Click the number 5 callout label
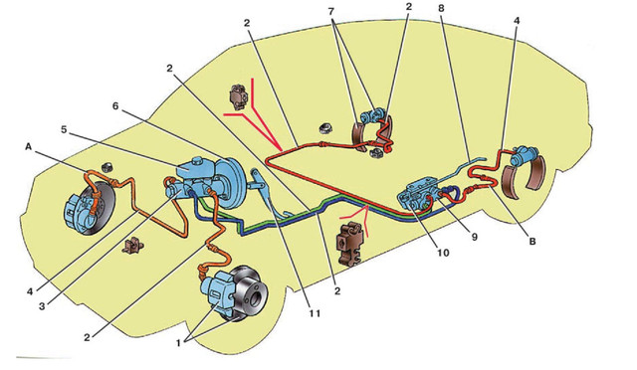[x=64, y=129]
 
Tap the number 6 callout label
[x=115, y=105]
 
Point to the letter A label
[x=28, y=146]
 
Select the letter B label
[x=531, y=242]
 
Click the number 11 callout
[x=315, y=313]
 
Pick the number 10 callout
[x=443, y=253]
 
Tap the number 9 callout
[x=474, y=237]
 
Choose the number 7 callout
[x=331, y=12]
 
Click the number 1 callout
[x=178, y=342]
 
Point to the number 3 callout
[x=42, y=306]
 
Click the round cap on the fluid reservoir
[x=199, y=159]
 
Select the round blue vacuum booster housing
[x=230, y=183]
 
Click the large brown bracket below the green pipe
[x=349, y=244]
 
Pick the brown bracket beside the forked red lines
[x=239, y=97]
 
